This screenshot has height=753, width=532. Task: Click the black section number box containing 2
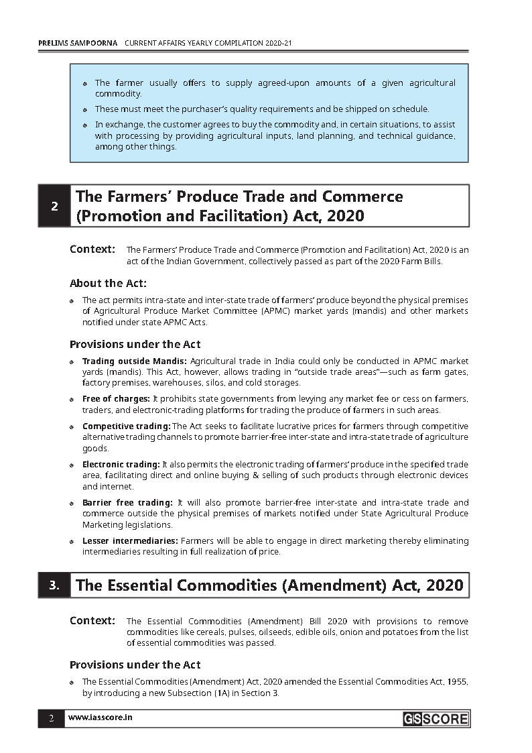point(55,206)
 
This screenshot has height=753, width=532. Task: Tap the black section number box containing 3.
point(55,585)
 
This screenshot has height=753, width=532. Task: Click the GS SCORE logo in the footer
point(436,719)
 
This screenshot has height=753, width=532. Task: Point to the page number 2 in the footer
point(51,718)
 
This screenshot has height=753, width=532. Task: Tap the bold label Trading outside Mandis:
point(134,361)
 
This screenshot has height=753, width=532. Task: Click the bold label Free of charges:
point(116,399)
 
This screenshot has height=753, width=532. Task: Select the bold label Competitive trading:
point(126,426)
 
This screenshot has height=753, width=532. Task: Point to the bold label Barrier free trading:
point(127,503)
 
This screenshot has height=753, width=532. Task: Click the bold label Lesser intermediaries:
point(130,541)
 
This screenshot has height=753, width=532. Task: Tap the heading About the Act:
point(108,284)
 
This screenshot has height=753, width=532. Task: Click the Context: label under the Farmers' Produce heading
point(92,249)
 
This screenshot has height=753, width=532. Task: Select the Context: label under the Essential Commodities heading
point(92,621)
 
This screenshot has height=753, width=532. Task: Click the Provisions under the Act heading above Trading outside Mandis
point(135,345)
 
